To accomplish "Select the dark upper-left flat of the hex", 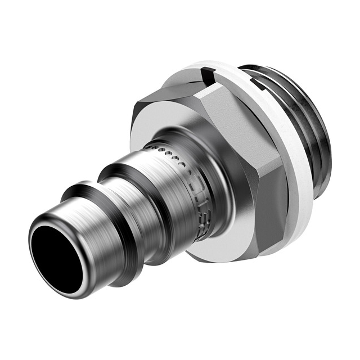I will coord(163,101).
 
